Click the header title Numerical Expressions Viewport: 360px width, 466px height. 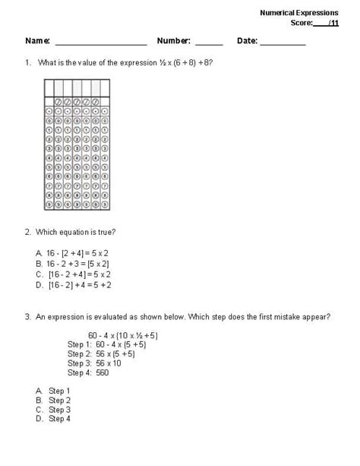298,13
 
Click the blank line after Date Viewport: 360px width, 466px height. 283,43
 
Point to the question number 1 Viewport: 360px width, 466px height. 27,63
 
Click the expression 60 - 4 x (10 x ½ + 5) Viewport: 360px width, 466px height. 122,334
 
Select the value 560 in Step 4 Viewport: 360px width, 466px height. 103,372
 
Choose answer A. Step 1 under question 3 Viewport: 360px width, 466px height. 52,391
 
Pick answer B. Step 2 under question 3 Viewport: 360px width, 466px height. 52,400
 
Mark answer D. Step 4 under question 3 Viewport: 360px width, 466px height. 52,419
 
